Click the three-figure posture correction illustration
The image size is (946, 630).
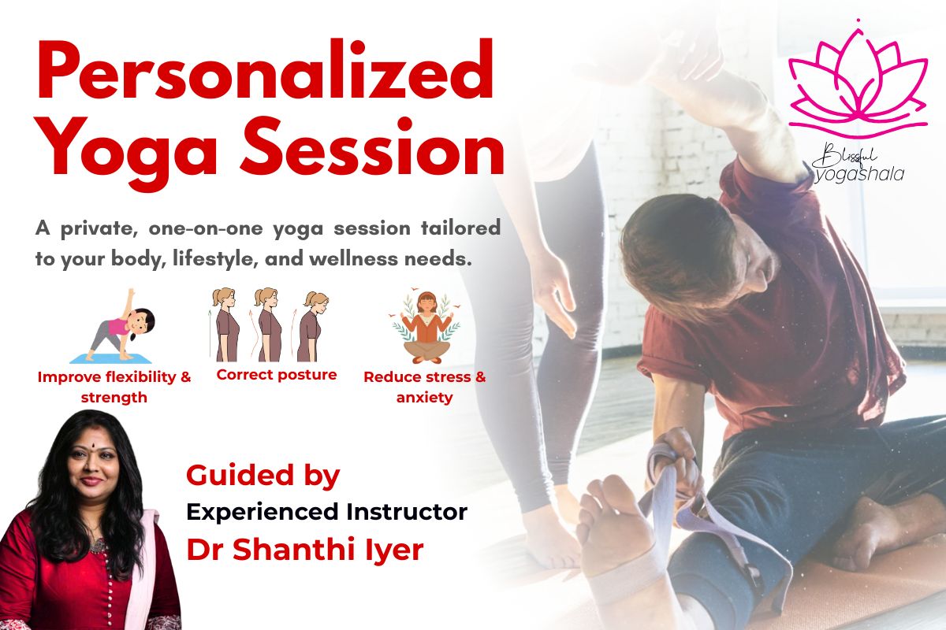(269, 324)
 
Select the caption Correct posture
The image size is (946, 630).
(277, 375)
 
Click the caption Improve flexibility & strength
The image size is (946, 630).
(114, 387)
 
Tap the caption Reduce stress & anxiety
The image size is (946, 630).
(425, 387)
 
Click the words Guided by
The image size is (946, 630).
(263, 475)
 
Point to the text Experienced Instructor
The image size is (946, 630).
(326, 513)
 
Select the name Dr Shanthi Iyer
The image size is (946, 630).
(305, 550)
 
